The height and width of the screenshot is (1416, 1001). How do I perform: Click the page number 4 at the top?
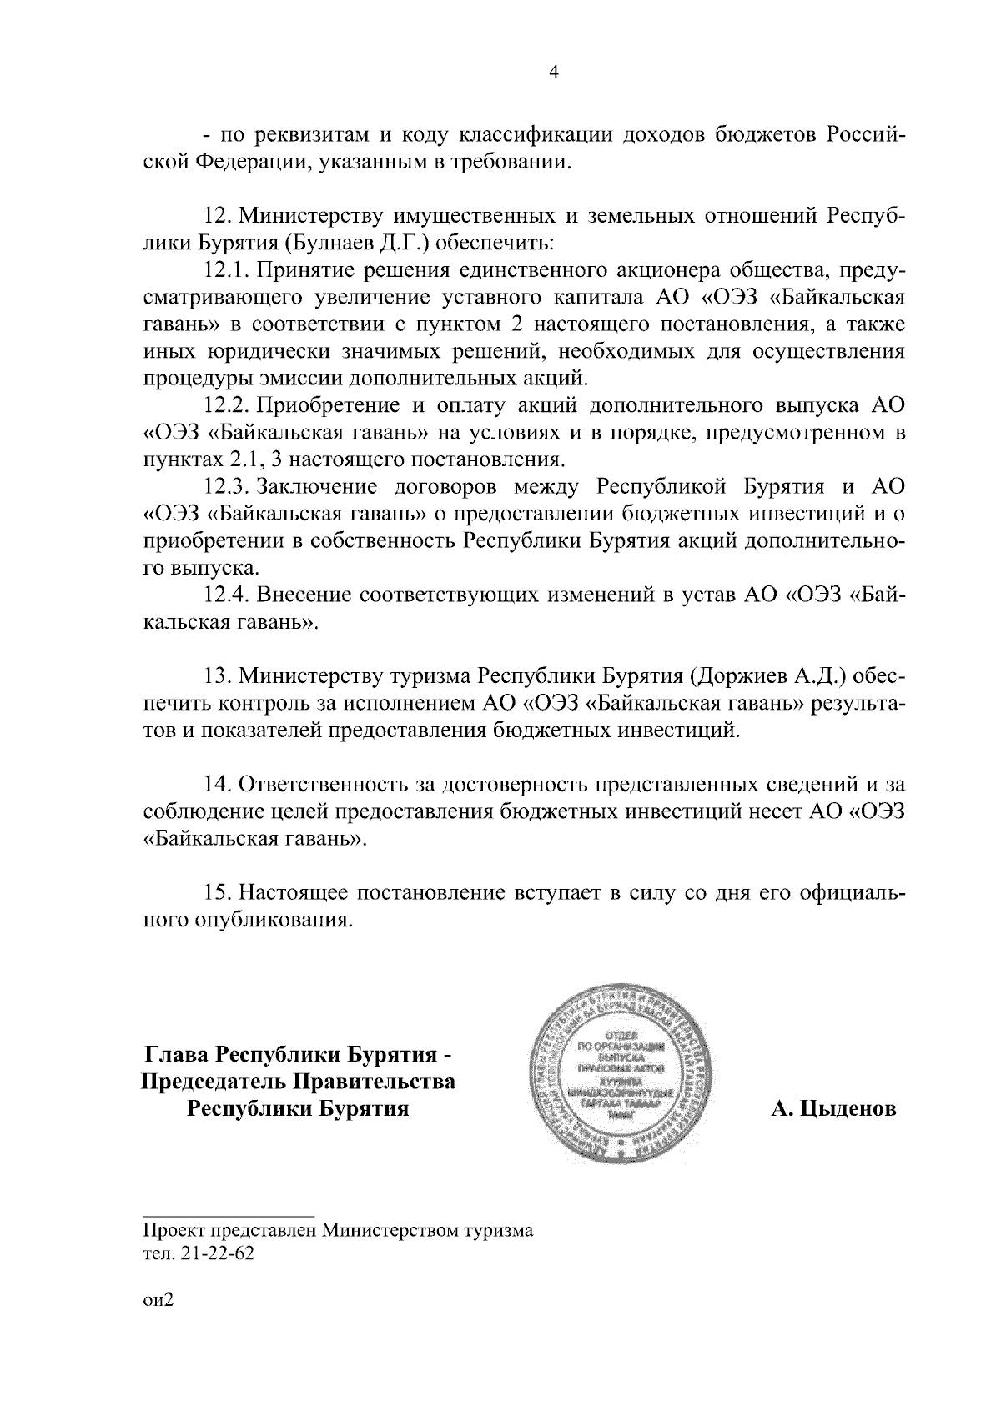coord(551,73)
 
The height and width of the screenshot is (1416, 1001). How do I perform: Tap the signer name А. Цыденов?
coord(833,1109)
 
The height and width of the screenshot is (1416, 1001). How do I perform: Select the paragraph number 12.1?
coord(226,272)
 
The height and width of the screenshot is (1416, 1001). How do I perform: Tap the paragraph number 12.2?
coord(227,406)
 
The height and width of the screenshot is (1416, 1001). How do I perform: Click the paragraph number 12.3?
coord(227,487)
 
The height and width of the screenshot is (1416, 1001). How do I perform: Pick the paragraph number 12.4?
coord(227,595)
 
